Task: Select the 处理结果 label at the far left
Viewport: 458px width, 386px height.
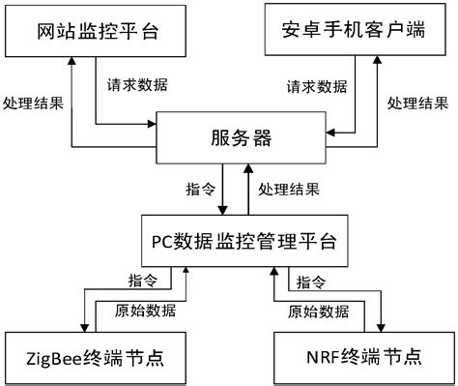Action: click(x=33, y=103)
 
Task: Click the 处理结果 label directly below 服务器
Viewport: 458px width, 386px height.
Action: click(x=289, y=188)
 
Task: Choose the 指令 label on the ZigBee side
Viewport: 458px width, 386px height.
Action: click(x=144, y=282)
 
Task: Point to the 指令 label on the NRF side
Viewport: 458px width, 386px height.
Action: click(x=311, y=282)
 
